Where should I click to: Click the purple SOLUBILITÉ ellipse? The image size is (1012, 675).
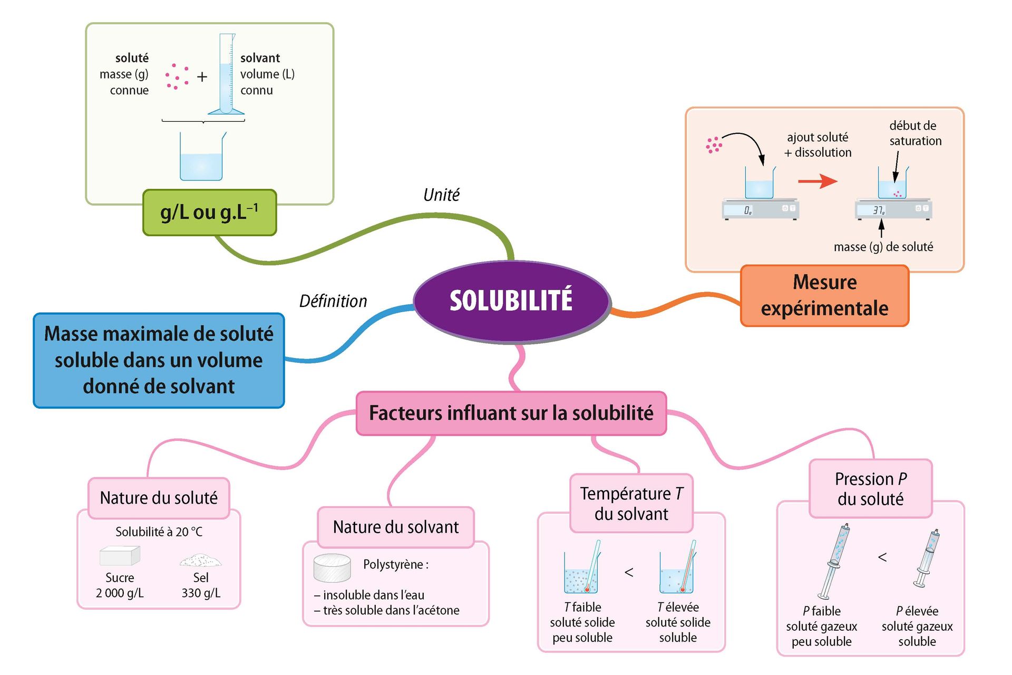[x=511, y=301]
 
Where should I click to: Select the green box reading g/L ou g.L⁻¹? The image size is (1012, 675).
[x=209, y=213]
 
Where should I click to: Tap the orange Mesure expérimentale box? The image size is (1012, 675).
[x=824, y=295]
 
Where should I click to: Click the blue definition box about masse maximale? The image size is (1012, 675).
[x=159, y=360]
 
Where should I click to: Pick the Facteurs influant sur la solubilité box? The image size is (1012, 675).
[x=511, y=413]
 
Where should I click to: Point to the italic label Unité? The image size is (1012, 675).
[x=441, y=195]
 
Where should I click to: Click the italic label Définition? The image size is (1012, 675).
[x=333, y=301]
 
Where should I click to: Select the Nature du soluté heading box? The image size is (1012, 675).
[x=159, y=498]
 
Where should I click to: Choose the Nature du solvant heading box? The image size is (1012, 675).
[x=396, y=527]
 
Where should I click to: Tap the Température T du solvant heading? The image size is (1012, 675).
[x=631, y=503]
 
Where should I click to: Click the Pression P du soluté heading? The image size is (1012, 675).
[x=870, y=488]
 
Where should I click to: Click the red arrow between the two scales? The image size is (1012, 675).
[x=817, y=181]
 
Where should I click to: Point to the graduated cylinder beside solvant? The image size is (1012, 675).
[x=226, y=74]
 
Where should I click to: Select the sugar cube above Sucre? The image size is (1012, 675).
[x=120, y=555]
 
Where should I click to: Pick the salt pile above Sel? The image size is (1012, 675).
[x=200, y=560]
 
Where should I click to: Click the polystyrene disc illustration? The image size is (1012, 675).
[x=332, y=567]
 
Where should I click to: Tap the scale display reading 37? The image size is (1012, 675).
[x=878, y=210]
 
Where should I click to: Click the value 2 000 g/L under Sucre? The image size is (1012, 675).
[x=120, y=593]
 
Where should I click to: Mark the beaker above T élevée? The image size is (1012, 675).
[x=677, y=575]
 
